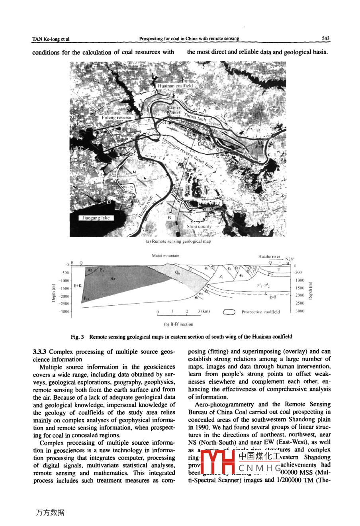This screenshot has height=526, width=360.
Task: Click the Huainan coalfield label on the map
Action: [175, 86]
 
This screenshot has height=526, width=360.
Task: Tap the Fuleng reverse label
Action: [116, 118]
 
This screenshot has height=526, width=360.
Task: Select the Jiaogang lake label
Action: [96, 218]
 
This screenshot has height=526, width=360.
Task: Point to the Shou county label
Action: [199, 226]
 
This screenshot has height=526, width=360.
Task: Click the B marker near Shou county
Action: [169, 218]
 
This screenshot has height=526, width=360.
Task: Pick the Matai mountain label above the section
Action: [166, 255]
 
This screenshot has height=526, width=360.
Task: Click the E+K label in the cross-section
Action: [78, 286]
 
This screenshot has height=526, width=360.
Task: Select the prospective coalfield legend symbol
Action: [230, 312]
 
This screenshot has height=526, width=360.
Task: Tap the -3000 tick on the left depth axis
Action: [64, 312]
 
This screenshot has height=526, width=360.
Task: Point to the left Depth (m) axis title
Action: [53, 293]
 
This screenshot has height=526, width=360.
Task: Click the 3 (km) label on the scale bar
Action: [203, 311]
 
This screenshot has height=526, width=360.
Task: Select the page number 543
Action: [325, 39]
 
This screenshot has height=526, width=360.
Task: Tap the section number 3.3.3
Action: [39, 351]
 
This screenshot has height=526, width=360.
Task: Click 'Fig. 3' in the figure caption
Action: [77, 337]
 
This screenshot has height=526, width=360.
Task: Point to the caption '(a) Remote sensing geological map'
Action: [178, 241]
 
